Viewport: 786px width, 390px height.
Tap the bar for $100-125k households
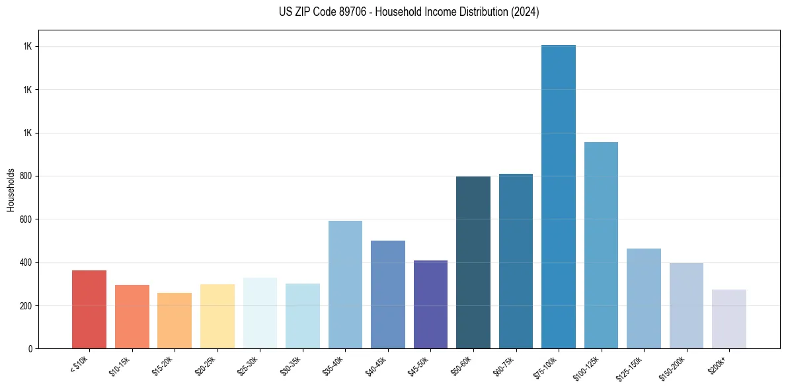[x=601, y=245]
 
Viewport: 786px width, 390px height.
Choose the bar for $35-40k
[x=345, y=284]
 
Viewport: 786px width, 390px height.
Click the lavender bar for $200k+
[x=729, y=319]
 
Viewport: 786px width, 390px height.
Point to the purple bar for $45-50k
[x=430, y=304]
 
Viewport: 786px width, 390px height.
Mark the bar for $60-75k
[x=516, y=261]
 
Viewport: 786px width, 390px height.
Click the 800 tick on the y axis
[x=26, y=176]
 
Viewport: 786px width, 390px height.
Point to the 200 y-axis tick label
[x=26, y=306]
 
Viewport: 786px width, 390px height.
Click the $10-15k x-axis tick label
[x=120, y=366]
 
